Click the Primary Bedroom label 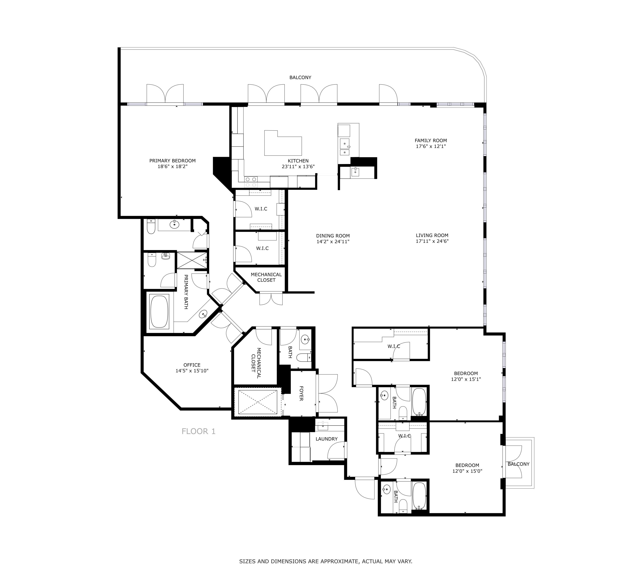tap(172, 161)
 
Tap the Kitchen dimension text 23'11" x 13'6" tap(298, 166)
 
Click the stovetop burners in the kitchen tap(251, 182)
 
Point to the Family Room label tap(431, 140)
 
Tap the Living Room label tap(432, 236)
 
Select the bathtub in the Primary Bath tap(159, 312)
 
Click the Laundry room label tap(326, 439)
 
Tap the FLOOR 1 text tap(198, 431)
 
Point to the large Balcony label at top tap(300, 78)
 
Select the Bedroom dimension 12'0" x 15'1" tap(466, 379)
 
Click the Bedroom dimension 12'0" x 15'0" tap(467, 471)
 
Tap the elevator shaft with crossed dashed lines tap(258, 402)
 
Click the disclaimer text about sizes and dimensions tap(326, 561)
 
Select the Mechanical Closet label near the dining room tap(266, 277)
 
